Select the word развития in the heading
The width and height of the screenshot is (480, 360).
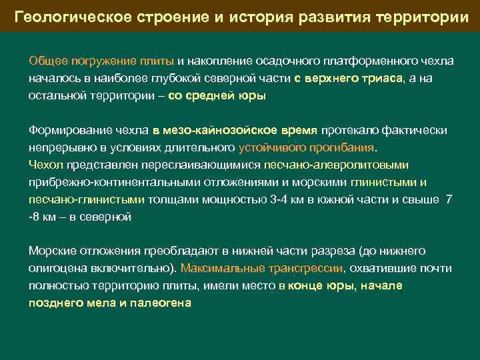[325, 16]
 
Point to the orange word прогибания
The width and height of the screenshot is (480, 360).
[347, 147]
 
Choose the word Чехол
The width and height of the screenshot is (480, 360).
[45, 165]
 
